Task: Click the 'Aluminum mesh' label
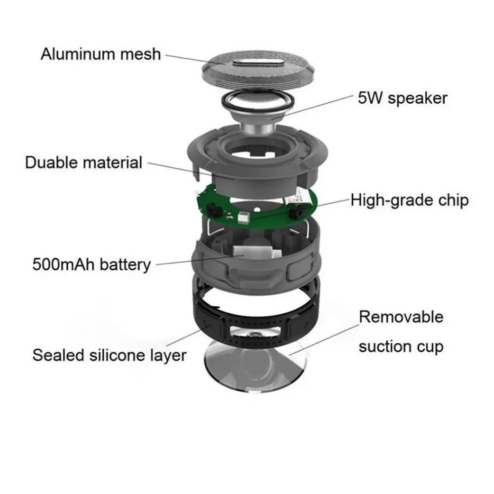pyautogui.click(x=101, y=53)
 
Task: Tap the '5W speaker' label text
pyautogui.click(x=403, y=98)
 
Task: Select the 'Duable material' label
pyautogui.click(x=83, y=162)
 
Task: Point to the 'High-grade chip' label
pyautogui.click(x=410, y=200)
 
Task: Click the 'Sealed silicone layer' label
pyautogui.click(x=109, y=355)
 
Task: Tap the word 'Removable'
pyautogui.click(x=401, y=317)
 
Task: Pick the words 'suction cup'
pyautogui.click(x=401, y=346)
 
